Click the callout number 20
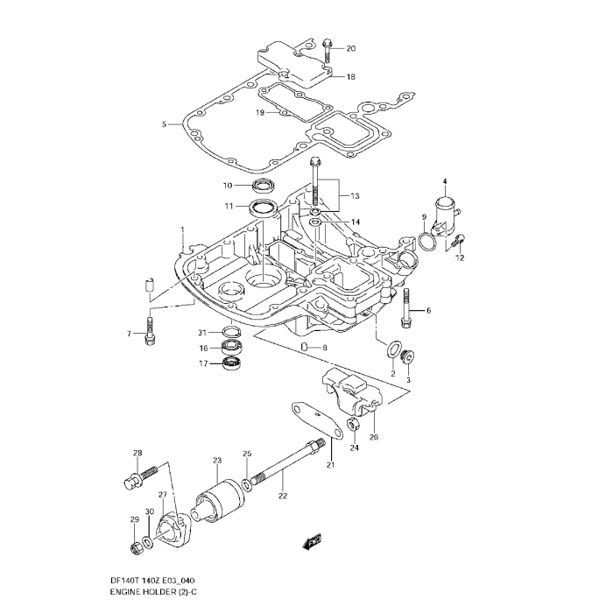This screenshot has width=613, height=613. pyautogui.click(x=351, y=48)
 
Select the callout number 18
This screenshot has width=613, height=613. pyautogui.click(x=350, y=77)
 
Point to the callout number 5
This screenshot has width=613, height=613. pyautogui.click(x=164, y=124)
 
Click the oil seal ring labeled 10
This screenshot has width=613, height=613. pyautogui.click(x=262, y=185)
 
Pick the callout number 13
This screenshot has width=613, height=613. pyautogui.click(x=356, y=195)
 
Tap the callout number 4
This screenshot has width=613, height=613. pyautogui.click(x=444, y=181)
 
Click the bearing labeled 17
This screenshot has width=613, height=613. pyautogui.click(x=232, y=363)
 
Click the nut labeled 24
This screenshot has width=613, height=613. pyautogui.click(x=353, y=426)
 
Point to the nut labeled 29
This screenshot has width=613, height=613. pyautogui.click(x=135, y=549)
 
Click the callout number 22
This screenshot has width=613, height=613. pyautogui.click(x=282, y=496)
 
